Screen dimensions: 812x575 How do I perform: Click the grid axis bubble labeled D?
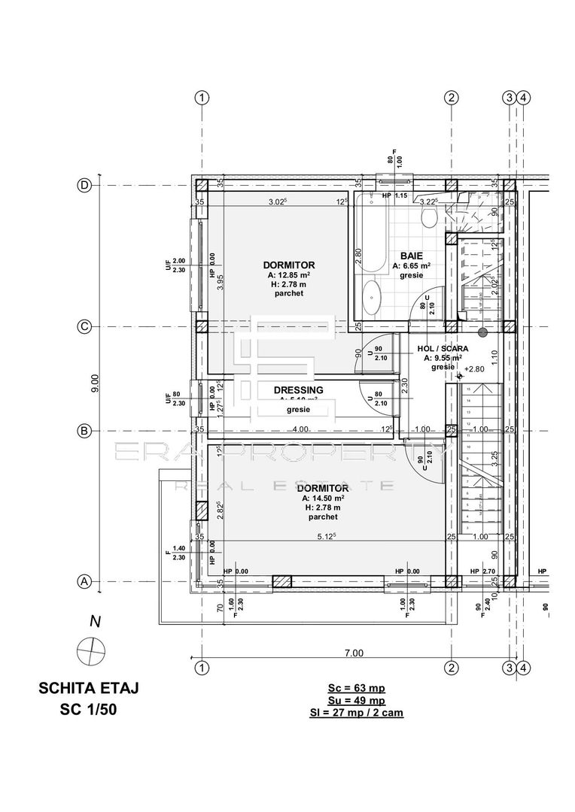point(85,186)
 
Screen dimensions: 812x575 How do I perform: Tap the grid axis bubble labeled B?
point(85,431)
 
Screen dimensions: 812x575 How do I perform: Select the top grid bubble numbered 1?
point(201,97)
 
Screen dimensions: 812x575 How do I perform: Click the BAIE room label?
point(411,256)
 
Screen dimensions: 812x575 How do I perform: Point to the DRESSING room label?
point(299,389)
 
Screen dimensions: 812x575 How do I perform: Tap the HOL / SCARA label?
point(443,349)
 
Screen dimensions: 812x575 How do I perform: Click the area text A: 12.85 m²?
point(289,275)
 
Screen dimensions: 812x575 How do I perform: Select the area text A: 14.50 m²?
point(323,498)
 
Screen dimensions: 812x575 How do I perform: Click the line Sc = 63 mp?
point(356,687)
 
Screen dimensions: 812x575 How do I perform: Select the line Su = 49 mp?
point(356,699)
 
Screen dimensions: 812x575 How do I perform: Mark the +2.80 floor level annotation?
point(474,369)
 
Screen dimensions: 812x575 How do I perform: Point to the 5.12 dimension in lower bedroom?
point(327,537)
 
